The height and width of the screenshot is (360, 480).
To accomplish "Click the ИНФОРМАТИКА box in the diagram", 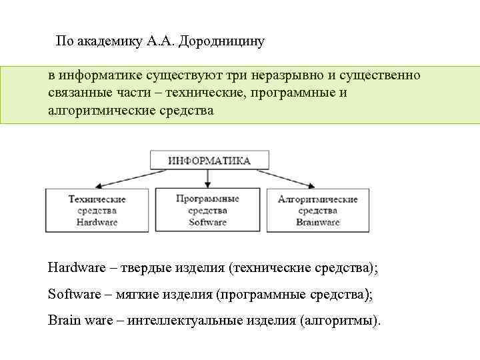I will pos(209,160).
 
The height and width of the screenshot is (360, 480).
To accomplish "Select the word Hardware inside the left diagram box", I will pos(97,222).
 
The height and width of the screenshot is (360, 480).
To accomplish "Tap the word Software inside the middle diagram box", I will pos(207,222).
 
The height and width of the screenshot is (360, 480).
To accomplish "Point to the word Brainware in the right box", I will pos(317,222).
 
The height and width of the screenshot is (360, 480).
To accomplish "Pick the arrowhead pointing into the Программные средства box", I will pos(208,183).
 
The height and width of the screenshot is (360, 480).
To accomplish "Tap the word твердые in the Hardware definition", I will pos(147,268).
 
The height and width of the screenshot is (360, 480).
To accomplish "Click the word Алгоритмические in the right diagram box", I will pos(317,199).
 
